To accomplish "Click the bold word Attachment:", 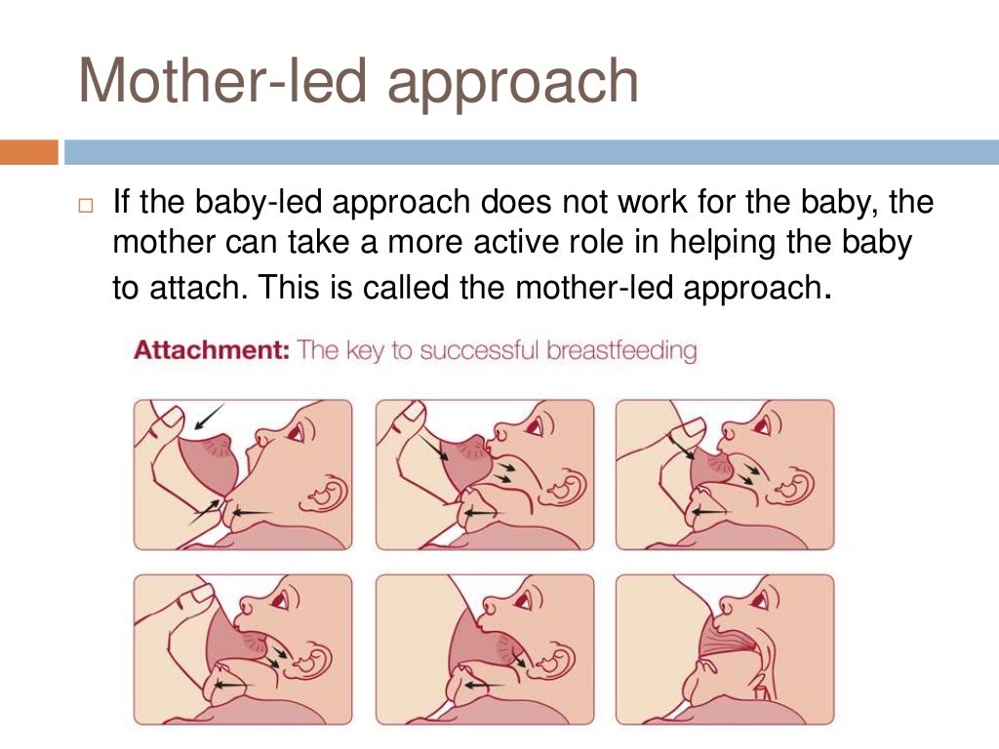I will click(x=211, y=350).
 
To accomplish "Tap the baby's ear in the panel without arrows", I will click(x=798, y=656).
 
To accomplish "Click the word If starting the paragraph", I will click(x=122, y=203).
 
